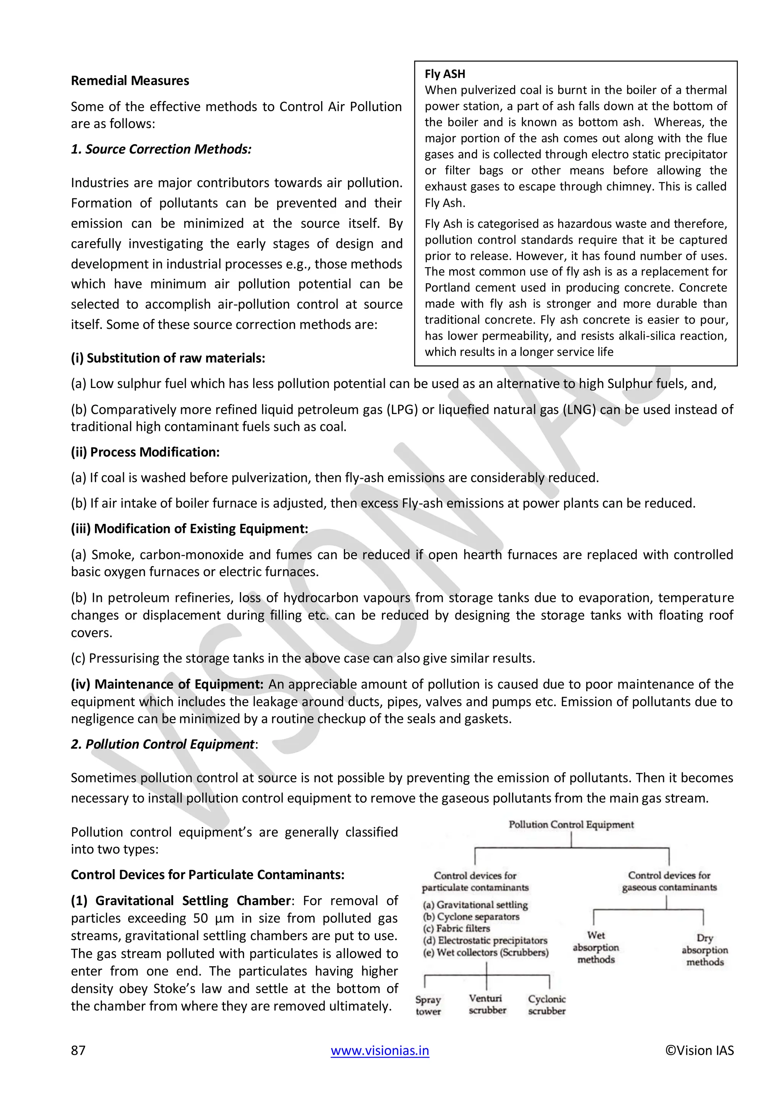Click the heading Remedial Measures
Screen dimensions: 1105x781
point(130,81)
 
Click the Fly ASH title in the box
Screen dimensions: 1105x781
point(445,74)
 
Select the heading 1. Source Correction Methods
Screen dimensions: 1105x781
point(161,149)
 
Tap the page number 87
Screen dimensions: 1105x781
point(79,1050)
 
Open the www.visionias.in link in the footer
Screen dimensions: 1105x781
point(380,1050)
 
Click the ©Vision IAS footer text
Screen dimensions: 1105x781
point(699,1050)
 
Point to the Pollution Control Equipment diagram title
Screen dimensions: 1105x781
point(571,825)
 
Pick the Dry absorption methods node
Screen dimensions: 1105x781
point(704,950)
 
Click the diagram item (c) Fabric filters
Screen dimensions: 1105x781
point(456,928)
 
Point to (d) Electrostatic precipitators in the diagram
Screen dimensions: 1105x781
point(485,941)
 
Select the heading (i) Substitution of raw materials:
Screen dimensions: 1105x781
point(168,358)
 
